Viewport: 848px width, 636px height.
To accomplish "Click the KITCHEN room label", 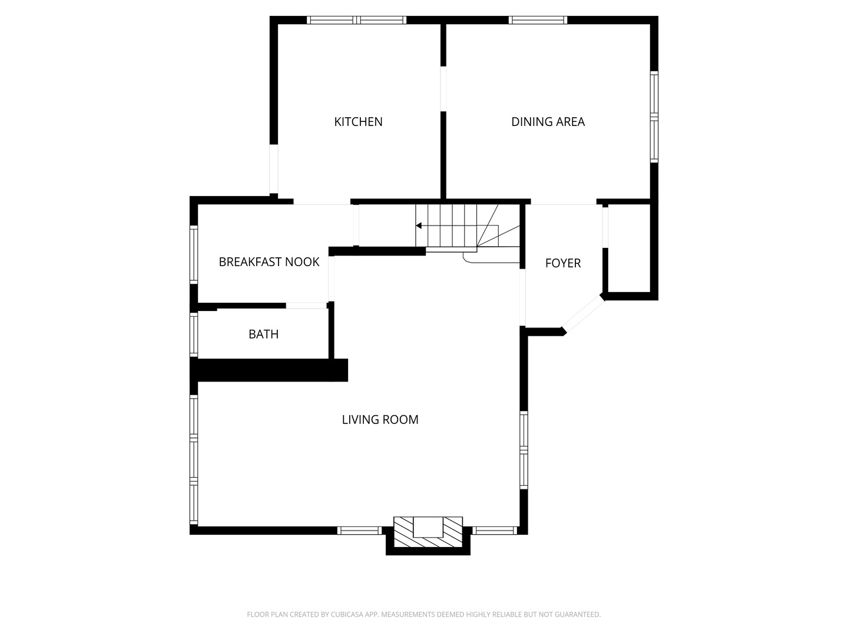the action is [x=358, y=122].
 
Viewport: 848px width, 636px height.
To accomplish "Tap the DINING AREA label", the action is [x=548, y=122].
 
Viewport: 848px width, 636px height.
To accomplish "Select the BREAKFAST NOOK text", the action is [x=269, y=262].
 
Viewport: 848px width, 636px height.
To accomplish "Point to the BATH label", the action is [x=263, y=334].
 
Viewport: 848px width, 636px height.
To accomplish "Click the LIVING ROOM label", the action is [x=380, y=419].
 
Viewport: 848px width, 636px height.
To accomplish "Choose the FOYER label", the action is [x=563, y=263].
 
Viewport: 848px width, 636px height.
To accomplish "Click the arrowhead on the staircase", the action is [x=418, y=226].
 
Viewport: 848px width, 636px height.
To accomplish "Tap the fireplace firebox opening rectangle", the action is [x=428, y=526].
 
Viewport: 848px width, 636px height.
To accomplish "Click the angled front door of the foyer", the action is [x=584, y=314].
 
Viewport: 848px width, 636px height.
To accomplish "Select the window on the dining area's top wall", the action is [x=538, y=20].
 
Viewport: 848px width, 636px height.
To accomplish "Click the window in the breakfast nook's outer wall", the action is [x=194, y=254].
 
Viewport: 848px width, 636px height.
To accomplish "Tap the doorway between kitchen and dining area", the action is [x=443, y=89].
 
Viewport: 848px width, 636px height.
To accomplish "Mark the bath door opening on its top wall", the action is [x=306, y=306].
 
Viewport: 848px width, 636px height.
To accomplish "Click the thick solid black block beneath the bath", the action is [x=269, y=370].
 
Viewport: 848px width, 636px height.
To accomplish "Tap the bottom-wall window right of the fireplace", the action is [x=495, y=531].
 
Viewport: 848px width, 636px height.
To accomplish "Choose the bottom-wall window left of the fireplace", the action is [x=359, y=531].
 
